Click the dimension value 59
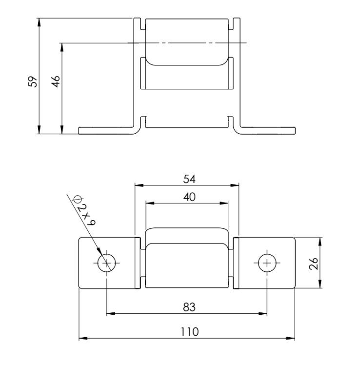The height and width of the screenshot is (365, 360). tap(33, 81)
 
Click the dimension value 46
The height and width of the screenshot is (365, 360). tap(56, 81)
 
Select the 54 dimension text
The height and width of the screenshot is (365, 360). tap(189, 179)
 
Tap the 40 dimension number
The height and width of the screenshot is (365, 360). tap(189, 197)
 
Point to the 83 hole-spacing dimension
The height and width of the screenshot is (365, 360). tap(189, 307)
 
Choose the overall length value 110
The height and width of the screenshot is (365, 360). tap(190, 332)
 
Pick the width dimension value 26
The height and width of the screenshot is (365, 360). tap(314, 264)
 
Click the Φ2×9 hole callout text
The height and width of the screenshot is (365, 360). tap(84, 211)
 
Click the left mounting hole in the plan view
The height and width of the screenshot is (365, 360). tap(106, 263)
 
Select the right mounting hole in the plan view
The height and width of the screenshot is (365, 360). tap(267, 263)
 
